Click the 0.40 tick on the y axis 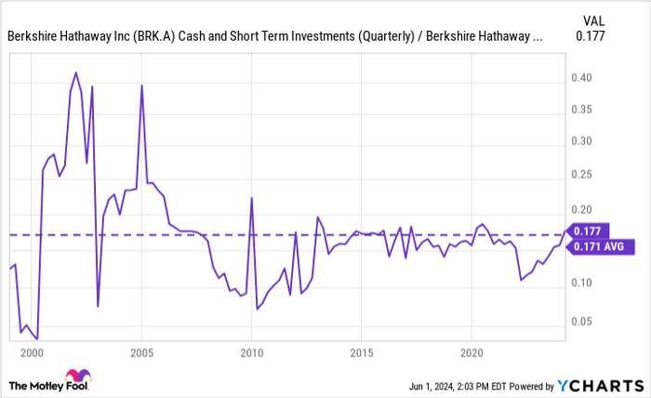coord(582,78)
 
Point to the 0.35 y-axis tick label coord(582,110)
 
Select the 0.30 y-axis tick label coord(582,141)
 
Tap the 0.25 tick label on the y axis coord(582,174)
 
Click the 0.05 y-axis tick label coord(582,322)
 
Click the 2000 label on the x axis coord(32,354)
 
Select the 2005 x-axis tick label coord(141,354)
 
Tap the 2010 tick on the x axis coord(251,354)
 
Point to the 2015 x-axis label coord(361,354)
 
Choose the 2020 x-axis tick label coord(472,354)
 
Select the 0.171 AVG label coord(600,246)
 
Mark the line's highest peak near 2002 coord(75,73)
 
